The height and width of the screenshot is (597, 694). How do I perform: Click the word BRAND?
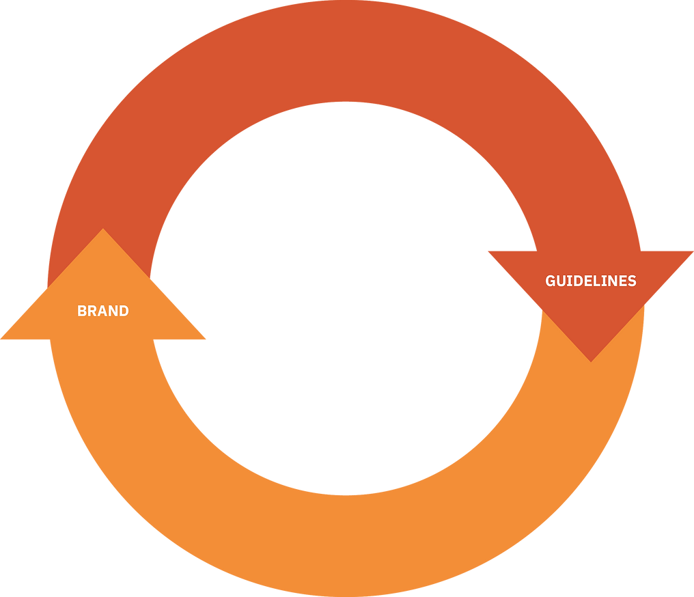[103, 311]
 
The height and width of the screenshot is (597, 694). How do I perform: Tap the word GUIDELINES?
[591, 281]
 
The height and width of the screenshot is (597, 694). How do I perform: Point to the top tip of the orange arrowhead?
[103, 230]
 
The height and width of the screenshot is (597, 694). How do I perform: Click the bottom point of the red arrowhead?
[591, 360]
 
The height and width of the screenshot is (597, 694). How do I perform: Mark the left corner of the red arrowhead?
[488, 252]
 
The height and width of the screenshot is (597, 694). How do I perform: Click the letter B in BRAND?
[82, 311]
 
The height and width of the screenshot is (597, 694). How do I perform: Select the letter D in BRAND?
[124, 311]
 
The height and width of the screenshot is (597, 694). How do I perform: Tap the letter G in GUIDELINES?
[551, 281]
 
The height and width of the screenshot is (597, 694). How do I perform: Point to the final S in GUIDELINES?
[632, 281]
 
